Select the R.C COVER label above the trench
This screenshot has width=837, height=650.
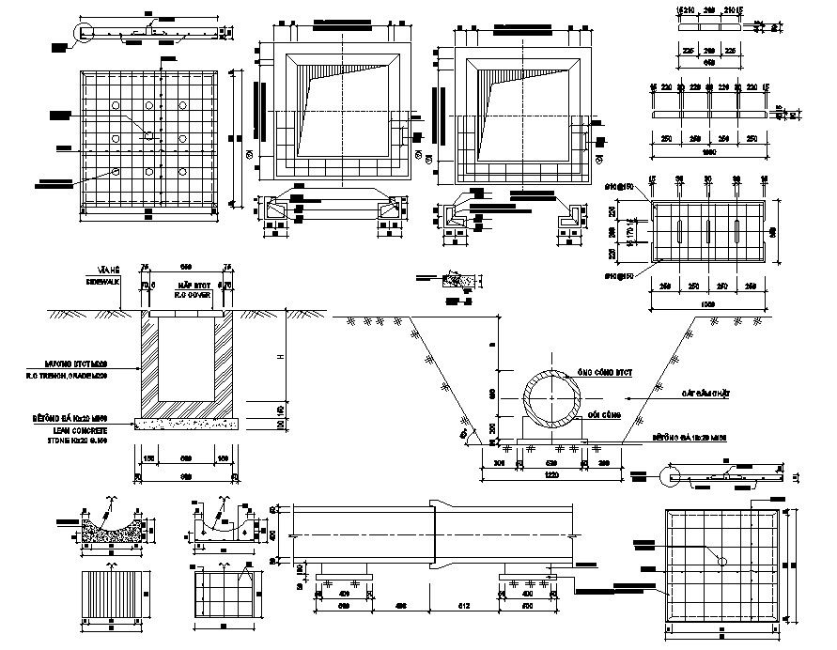[x=195, y=294]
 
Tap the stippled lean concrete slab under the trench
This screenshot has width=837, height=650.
[x=188, y=424]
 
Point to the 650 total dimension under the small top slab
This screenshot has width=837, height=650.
[x=709, y=62]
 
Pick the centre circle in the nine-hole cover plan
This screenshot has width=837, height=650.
[x=148, y=137]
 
